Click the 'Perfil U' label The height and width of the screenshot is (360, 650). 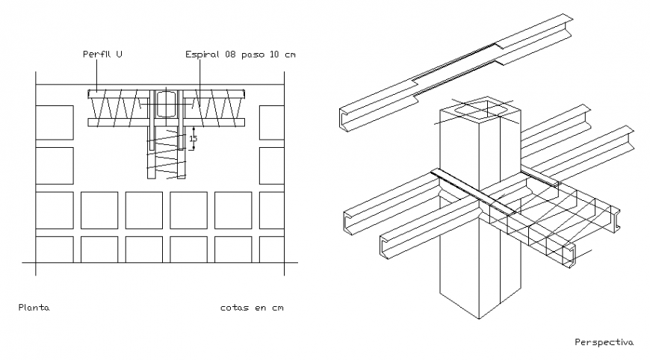click(103, 55)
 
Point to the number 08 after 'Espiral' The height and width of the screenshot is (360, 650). click(224, 55)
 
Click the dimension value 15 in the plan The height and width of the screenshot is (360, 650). click(193, 139)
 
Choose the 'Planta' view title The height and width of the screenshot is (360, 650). click(34, 307)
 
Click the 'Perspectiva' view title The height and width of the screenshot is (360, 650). click(604, 342)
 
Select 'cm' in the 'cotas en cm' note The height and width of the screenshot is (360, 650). click(277, 307)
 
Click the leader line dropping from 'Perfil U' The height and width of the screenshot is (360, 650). click(96, 75)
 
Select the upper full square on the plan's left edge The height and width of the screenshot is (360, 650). click(55, 122)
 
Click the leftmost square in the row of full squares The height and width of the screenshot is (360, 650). click(55, 210)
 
